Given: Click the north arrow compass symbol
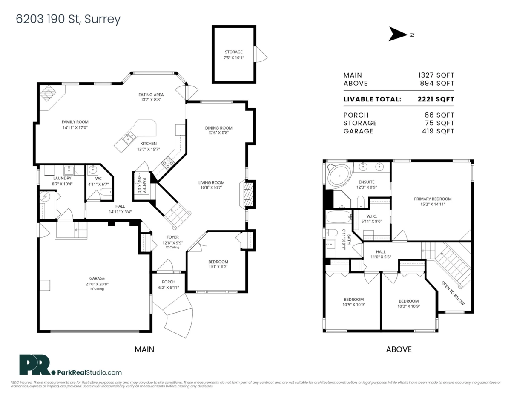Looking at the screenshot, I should pyautogui.click(x=398, y=34).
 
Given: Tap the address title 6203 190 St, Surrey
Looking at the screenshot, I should pyautogui.click(x=68, y=19).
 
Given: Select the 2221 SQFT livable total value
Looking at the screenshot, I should pyautogui.click(x=436, y=99).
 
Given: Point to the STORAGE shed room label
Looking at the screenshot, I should pyautogui.click(x=234, y=52).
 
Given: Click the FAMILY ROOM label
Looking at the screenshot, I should pyautogui.click(x=75, y=122).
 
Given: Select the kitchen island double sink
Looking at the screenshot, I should pyautogui.click(x=127, y=138).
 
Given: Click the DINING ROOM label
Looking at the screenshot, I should pyautogui.click(x=218, y=128).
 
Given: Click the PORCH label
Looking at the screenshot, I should pyautogui.click(x=168, y=282).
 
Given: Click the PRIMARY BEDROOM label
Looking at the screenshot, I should pyautogui.click(x=433, y=199).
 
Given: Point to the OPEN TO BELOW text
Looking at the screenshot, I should pyautogui.click(x=453, y=293).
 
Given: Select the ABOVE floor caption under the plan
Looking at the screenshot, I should pyautogui.click(x=399, y=349).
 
